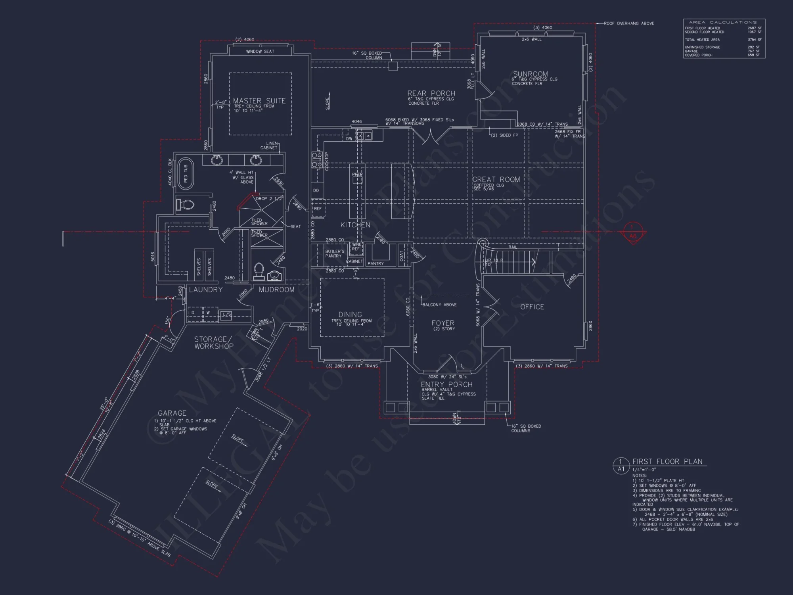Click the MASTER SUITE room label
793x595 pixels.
click(259, 101)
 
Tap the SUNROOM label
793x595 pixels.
click(531, 74)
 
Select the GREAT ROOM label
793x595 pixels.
click(496, 180)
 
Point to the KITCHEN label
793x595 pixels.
click(355, 225)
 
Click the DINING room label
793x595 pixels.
click(350, 315)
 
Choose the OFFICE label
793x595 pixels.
click(532, 307)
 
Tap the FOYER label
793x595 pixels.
click(443, 323)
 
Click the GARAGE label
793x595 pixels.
click(172, 413)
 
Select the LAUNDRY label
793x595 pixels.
click(206, 290)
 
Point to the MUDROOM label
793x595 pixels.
click(276, 290)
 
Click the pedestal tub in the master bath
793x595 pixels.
click(186, 174)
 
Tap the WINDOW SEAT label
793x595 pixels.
click(260, 52)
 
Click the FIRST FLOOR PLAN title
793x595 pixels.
click(667, 461)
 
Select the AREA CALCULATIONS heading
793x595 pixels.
click(723, 22)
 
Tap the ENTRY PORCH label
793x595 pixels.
click(446, 384)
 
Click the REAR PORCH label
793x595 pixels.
click(431, 94)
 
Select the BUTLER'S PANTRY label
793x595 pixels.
click(335, 254)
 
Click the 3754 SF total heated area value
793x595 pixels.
click(754, 40)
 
